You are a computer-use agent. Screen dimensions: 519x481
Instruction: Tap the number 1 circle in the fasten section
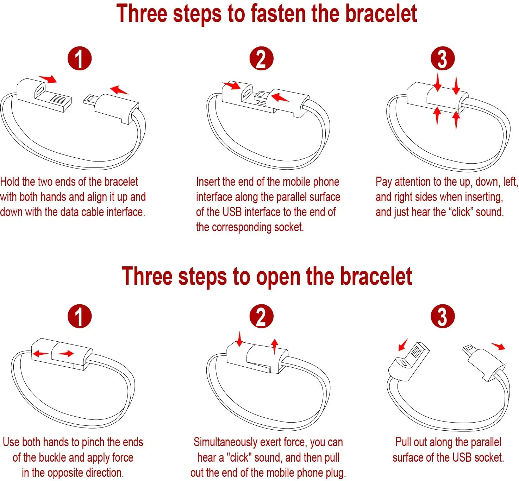(80, 58)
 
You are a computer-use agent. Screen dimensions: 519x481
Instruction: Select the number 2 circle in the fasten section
(261, 58)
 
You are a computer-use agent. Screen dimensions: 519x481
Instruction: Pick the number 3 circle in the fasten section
(443, 58)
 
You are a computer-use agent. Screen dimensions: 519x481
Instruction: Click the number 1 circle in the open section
(80, 316)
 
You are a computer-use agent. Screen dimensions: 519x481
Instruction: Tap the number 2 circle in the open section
(261, 316)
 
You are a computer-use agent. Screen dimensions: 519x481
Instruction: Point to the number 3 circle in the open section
(443, 316)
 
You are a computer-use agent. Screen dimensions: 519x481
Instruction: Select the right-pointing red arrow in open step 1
(66, 354)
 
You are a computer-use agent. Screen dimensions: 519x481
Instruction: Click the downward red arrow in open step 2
(239, 339)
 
